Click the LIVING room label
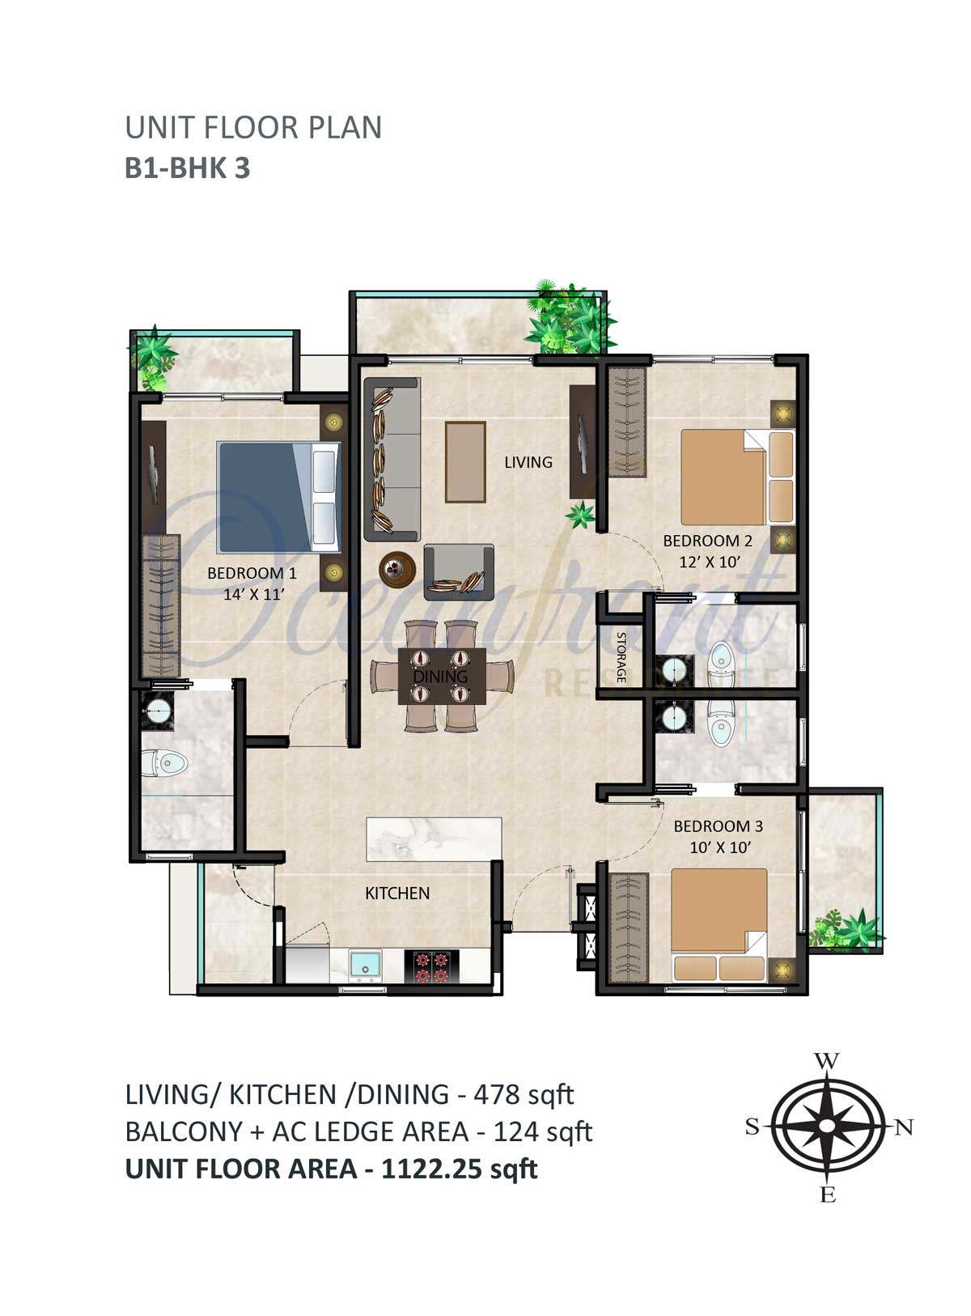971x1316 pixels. tap(528, 462)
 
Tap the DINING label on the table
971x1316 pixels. tap(440, 677)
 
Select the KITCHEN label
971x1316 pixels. tap(396, 893)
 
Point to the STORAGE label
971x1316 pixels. tap(621, 657)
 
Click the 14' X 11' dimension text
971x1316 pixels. tap(254, 594)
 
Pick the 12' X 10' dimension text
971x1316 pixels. tap(710, 562)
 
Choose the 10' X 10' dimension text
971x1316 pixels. tap(719, 847)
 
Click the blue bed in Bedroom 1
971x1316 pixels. tap(279, 497)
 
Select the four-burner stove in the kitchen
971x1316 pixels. tap(430, 967)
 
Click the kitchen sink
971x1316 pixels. tap(365, 965)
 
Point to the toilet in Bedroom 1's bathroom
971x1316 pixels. tap(164, 762)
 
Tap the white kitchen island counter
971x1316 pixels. tap(435, 839)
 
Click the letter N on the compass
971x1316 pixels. tap(904, 1127)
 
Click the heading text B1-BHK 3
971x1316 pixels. tap(187, 168)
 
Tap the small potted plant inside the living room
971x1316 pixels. tap(581, 514)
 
